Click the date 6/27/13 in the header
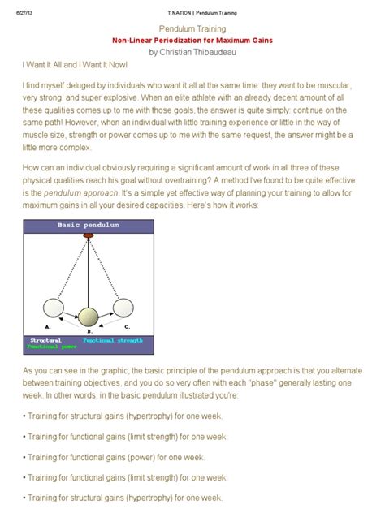pyautogui.click(x=21, y=13)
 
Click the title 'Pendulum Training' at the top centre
pyautogui.click(x=192, y=28)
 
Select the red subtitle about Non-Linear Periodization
pyautogui.click(x=192, y=39)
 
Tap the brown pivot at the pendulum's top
pyautogui.click(x=89, y=235)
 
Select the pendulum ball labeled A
pyautogui.click(x=54, y=308)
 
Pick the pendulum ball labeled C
pyautogui.click(x=123, y=308)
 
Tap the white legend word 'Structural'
pyautogui.click(x=46, y=340)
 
